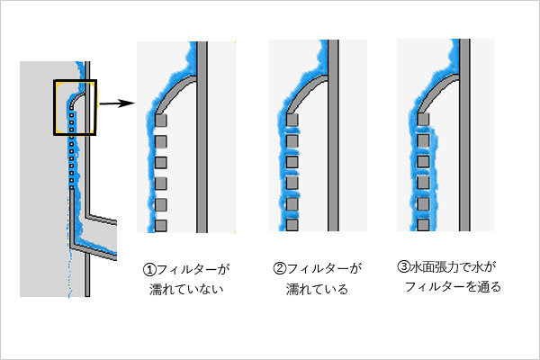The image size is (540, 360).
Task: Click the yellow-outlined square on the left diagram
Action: click(75, 107)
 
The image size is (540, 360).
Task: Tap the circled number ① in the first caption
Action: click(149, 269)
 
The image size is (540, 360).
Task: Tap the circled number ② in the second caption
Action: click(279, 268)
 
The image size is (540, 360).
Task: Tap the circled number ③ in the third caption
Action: click(403, 267)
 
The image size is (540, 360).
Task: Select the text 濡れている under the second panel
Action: click(316, 290)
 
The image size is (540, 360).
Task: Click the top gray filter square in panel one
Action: click(162, 120)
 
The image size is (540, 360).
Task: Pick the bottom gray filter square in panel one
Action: click(162, 223)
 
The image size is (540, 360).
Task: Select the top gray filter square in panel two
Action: click(292, 120)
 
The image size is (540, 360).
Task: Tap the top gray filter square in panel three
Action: click(423, 120)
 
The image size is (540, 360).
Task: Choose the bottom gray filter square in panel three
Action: click(423, 223)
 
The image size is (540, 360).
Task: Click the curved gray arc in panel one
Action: click(175, 87)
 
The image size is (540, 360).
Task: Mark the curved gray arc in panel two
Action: click(305, 87)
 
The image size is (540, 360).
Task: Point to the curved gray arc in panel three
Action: click(436, 87)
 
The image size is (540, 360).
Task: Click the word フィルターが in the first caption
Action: click(193, 269)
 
